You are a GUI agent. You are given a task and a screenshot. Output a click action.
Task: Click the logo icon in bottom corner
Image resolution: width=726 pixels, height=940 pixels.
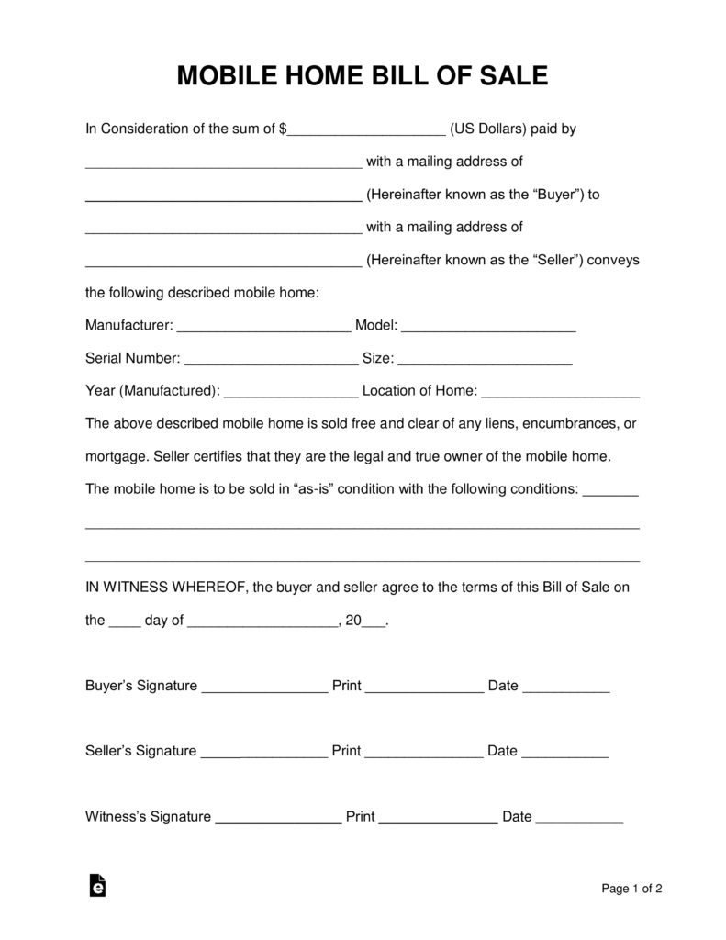[97, 885]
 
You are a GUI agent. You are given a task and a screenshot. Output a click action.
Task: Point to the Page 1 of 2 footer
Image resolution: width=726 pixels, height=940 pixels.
[631, 888]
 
